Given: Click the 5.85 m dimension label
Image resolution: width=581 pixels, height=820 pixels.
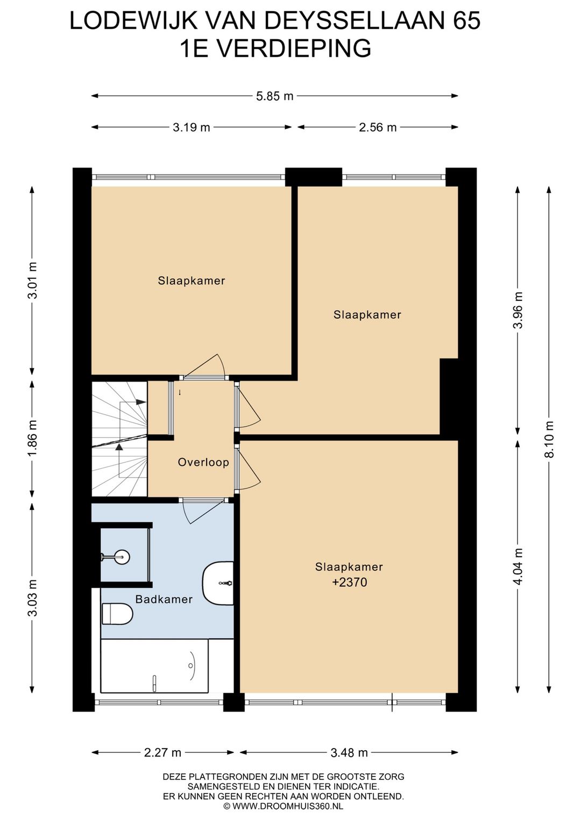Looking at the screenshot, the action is point(274,96).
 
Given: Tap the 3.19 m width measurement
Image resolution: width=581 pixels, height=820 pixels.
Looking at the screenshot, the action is point(192,127).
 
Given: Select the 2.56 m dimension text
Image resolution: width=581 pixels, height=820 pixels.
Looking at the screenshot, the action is point(378,127).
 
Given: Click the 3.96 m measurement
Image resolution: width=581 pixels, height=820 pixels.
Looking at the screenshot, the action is point(518,310).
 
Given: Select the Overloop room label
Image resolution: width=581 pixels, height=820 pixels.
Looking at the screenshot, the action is point(203,462).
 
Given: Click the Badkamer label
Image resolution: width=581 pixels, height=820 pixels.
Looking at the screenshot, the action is point(164,599).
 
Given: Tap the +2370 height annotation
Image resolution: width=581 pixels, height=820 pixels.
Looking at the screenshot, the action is point(349,582).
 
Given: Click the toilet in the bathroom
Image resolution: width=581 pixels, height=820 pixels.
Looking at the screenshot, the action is point(117,614).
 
